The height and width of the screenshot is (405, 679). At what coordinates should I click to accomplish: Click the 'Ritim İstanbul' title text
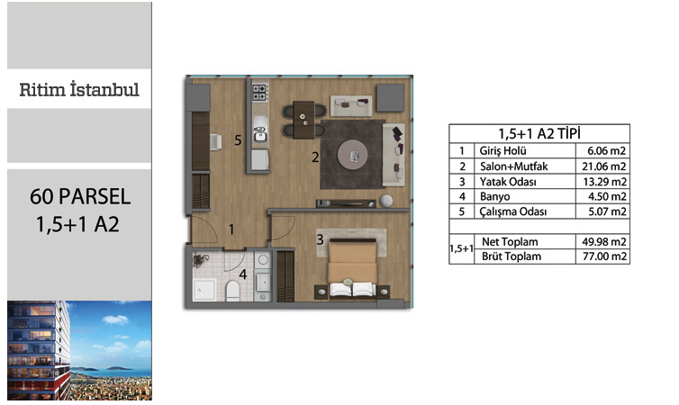pyautogui.click(x=79, y=90)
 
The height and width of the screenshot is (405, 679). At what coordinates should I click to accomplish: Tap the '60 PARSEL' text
pyautogui.click(x=80, y=196)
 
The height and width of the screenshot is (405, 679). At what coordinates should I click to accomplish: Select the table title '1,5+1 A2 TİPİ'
pyautogui.click(x=539, y=134)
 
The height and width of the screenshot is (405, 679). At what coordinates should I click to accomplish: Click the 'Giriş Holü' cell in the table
pyautogui.click(x=502, y=150)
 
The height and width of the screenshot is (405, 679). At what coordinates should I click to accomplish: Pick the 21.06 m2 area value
pyautogui.click(x=604, y=166)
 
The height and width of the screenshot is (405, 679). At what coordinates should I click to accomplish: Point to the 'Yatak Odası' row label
pyautogui.click(x=508, y=182)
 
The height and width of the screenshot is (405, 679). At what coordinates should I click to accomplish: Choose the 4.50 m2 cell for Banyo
pyautogui.click(x=607, y=196)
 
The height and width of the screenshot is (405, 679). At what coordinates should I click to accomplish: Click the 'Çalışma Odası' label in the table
pyautogui.click(x=512, y=211)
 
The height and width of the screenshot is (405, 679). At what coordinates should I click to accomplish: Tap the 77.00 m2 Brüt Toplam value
pyautogui.click(x=604, y=256)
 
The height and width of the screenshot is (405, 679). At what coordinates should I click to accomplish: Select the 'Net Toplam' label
pyautogui.click(x=510, y=242)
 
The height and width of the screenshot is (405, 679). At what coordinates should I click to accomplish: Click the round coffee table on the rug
pyautogui.click(x=353, y=155)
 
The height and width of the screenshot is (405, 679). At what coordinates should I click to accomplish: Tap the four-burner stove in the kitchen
pyautogui.click(x=260, y=93)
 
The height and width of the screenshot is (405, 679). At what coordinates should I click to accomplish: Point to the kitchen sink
pyautogui.click(x=260, y=129)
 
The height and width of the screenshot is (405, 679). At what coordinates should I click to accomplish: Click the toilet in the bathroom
pyautogui.click(x=232, y=291)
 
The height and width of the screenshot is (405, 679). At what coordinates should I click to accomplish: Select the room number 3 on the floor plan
pyautogui.click(x=320, y=239)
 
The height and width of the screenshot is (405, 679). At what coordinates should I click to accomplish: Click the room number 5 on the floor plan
pyautogui.click(x=238, y=140)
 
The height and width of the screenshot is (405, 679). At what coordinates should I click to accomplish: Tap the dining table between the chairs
pyautogui.click(x=303, y=120)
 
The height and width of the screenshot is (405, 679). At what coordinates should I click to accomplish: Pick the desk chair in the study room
pyautogui.click(x=215, y=142)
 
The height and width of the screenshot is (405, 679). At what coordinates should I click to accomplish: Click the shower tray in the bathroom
pyautogui.click(x=204, y=290)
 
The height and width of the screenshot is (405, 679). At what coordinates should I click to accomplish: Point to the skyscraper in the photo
pyautogui.click(x=38, y=350)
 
